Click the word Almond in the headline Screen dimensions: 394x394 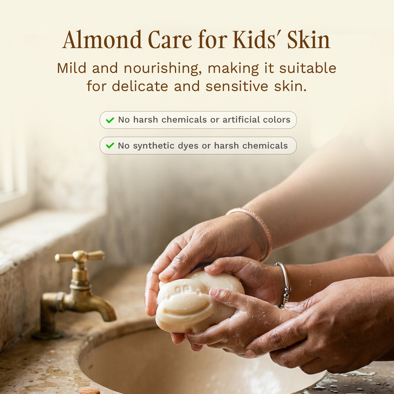(102, 39)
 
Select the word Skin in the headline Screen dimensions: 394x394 (309, 39)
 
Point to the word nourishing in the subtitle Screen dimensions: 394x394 (163, 69)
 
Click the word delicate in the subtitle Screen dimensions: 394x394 (140, 86)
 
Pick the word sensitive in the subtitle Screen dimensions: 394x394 (237, 86)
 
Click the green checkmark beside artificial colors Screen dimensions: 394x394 (110, 120)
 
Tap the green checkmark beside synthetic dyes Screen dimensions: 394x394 (110, 145)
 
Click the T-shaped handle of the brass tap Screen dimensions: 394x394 (80, 256)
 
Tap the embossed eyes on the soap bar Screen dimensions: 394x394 (180, 289)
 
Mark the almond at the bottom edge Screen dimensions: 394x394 (89, 391)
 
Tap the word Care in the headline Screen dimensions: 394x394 (170, 39)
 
